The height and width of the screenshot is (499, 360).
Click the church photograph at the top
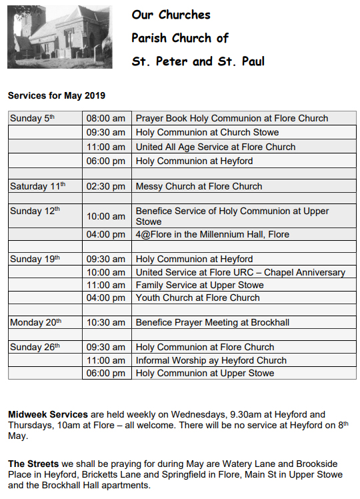59,37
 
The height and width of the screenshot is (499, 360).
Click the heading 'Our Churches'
171,15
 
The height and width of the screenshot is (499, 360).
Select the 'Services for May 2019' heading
57,96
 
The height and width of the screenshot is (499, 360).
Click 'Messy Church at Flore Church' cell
199,186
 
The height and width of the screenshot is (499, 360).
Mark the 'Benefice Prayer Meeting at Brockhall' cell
212,322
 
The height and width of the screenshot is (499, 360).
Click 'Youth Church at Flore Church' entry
197,298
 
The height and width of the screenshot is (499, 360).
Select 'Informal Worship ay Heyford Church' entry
211,360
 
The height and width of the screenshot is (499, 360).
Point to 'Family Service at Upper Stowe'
199,285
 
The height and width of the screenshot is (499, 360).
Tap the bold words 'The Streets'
31,463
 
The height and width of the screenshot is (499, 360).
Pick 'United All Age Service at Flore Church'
215,147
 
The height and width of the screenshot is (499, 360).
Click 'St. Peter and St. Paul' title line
198,61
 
